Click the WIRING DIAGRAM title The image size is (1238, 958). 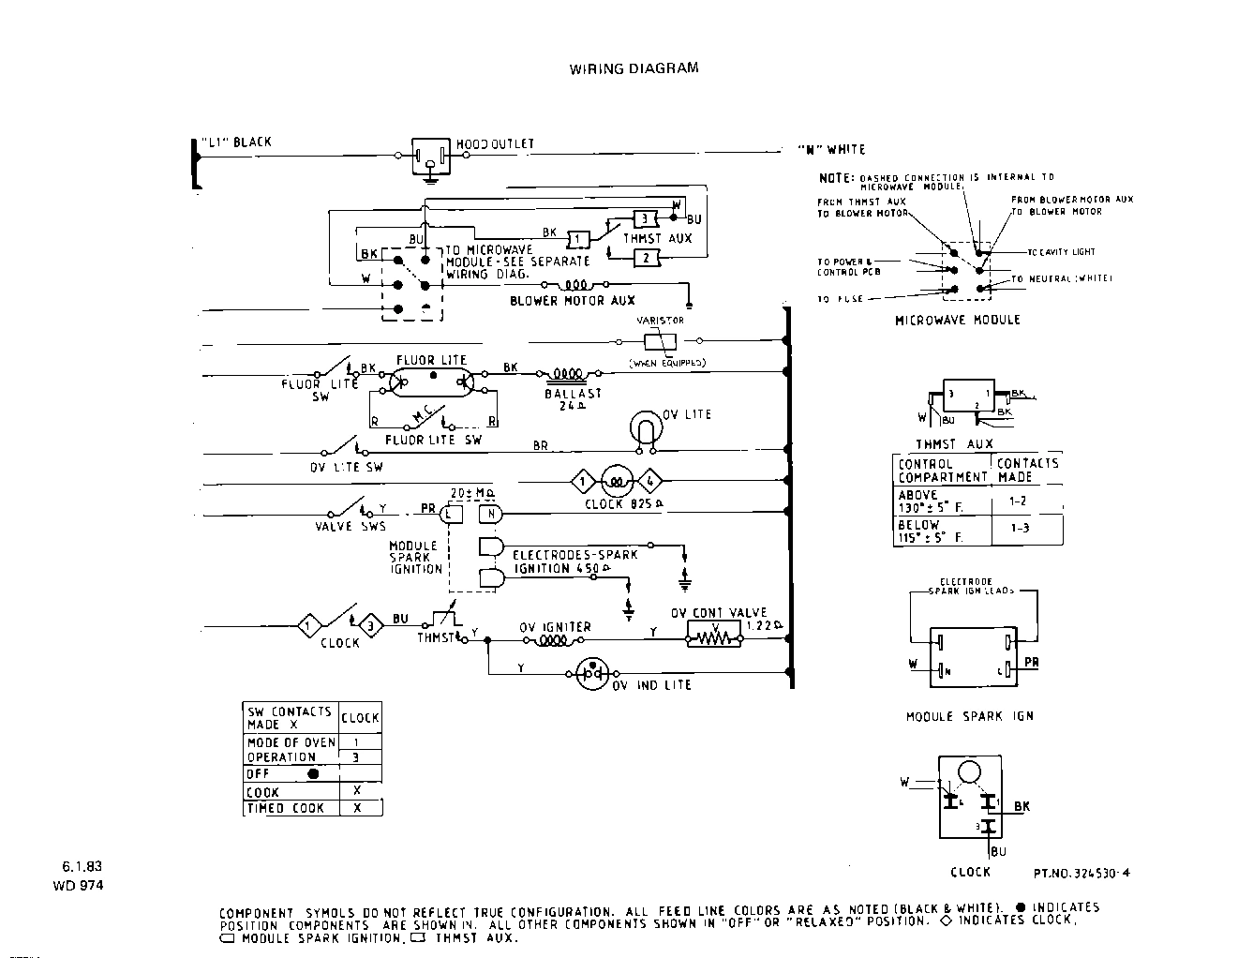click(x=634, y=68)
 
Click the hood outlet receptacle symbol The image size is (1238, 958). click(x=430, y=157)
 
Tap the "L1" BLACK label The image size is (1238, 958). click(x=235, y=142)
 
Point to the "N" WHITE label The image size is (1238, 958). click(x=831, y=149)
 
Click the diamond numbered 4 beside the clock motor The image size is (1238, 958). click(x=650, y=483)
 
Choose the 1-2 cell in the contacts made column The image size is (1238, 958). click(x=1017, y=501)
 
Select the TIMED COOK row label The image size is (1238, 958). click(x=286, y=808)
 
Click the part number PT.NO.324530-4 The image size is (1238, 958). click(x=1081, y=873)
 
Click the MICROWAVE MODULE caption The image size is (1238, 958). click(x=957, y=320)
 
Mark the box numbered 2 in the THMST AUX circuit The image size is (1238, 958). click(x=646, y=258)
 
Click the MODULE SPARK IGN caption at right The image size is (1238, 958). click(x=969, y=716)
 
